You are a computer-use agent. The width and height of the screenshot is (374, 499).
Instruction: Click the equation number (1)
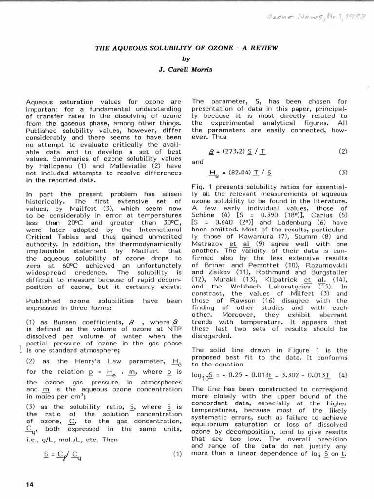point(177,454)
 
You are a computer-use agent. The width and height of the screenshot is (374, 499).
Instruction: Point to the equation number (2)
point(344,152)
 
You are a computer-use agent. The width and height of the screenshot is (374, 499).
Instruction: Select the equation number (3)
point(344,173)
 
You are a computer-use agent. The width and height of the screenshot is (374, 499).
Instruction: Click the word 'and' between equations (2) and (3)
point(198,162)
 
